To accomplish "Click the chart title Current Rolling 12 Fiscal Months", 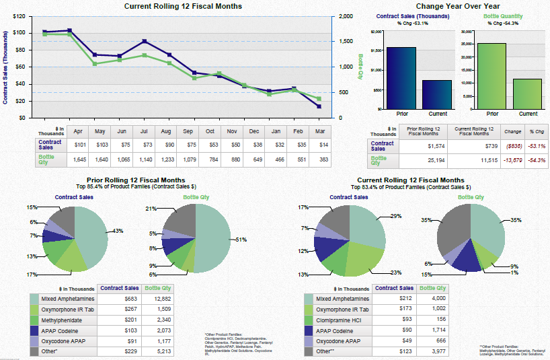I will pyautogui.click(x=184, y=6).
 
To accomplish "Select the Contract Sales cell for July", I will pyautogui.click(x=143, y=143).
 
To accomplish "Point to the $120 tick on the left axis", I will pyautogui.click(x=19, y=15).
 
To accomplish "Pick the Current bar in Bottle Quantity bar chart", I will pyautogui.click(x=526, y=94).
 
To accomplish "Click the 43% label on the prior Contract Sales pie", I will pyautogui.click(x=118, y=231).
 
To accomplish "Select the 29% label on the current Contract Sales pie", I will pyautogui.click(x=395, y=216).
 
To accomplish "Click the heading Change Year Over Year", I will pyautogui.click(x=455, y=6).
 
